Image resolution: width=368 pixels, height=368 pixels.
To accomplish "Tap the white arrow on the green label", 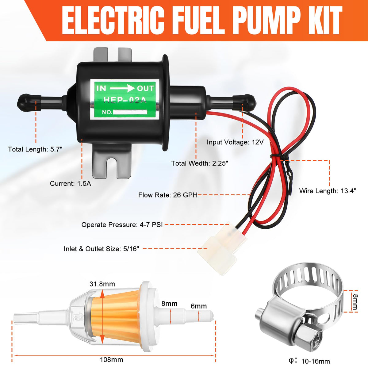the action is point(122,88).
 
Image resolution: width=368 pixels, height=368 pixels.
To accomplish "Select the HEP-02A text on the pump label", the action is point(125,100).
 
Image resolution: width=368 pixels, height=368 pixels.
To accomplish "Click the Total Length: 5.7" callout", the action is point(35,149).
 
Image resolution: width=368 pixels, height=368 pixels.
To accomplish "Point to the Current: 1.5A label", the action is point(71,183).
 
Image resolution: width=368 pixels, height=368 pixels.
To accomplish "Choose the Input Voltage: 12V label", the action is point(235,142).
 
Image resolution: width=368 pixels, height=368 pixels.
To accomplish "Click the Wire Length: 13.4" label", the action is point(328,191).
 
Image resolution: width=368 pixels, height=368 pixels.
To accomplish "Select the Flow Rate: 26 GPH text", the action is point(168,195).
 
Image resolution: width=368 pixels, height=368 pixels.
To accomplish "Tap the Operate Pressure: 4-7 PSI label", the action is point(122,224).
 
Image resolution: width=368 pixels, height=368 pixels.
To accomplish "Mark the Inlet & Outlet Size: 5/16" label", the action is point(102,249).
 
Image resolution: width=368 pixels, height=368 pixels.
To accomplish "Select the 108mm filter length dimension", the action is point(112,360).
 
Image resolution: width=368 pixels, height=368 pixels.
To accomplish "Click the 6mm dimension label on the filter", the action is point(199,306).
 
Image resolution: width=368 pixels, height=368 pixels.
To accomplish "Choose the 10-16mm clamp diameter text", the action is point(316,361).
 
